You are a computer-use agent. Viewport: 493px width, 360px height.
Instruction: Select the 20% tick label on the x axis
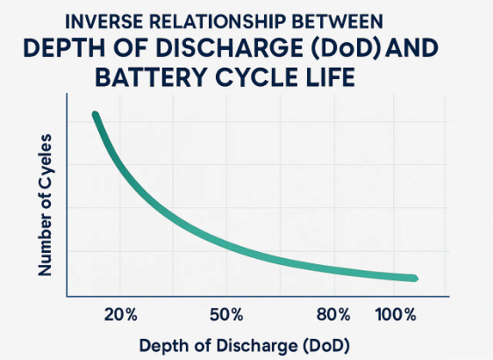(123, 314)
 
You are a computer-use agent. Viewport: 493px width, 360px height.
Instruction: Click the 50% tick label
(227, 314)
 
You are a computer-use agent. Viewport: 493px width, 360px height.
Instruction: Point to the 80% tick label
(332, 314)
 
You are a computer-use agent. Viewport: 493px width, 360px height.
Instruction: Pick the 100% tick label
(397, 314)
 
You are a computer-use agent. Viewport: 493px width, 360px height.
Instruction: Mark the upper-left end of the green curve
(95, 115)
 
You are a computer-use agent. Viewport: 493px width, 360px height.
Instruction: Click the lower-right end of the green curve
(414, 278)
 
